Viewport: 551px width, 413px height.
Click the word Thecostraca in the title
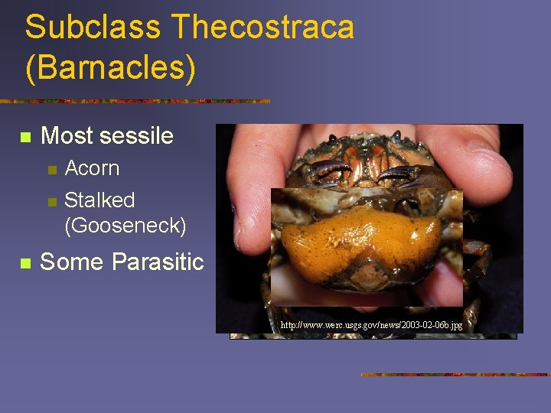pos(263,28)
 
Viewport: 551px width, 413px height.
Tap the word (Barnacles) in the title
pos(110,67)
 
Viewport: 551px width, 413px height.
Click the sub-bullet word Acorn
pos(92,168)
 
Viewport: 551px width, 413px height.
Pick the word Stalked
pos(99,200)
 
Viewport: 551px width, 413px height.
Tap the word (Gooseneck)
pos(125,226)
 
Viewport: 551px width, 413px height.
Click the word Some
pos(71,262)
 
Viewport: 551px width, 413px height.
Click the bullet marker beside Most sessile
pos(25,138)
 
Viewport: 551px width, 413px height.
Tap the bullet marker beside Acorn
pos(51,170)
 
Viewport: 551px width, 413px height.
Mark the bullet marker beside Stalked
pos(51,202)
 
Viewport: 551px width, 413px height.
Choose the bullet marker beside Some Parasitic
pos(25,264)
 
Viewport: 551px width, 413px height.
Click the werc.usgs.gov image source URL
pos(371,325)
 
